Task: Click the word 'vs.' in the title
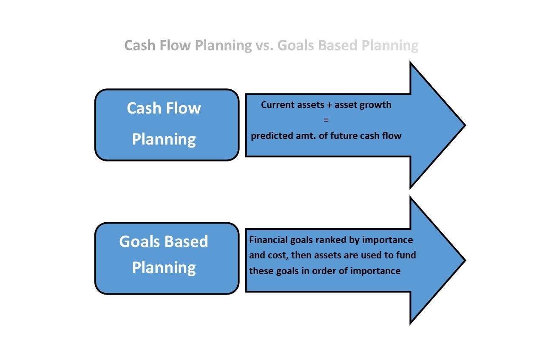264,45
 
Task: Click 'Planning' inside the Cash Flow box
164,139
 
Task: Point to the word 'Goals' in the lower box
139,241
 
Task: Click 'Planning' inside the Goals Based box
164,268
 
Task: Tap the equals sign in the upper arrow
326,120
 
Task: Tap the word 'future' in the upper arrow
343,136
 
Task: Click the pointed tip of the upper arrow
465,125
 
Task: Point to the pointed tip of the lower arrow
465,260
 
